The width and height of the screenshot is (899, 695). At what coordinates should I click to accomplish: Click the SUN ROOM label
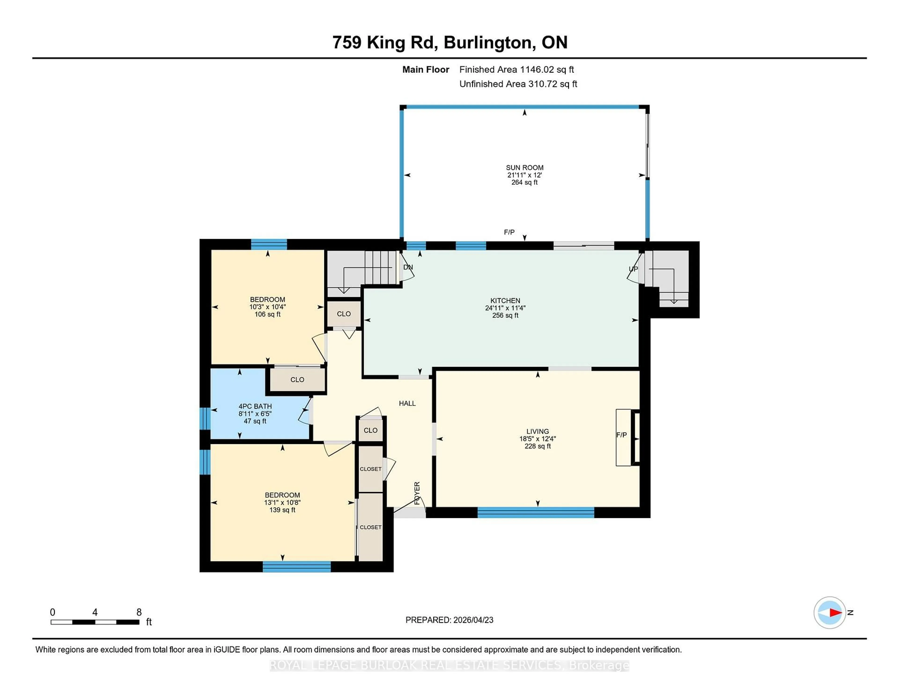click(x=524, y=168)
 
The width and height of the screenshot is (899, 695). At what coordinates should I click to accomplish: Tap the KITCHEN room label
click(x=505, y=301)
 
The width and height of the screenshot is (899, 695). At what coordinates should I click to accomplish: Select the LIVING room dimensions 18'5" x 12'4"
click(x=537, y=439)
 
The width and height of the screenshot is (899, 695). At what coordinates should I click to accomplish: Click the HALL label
click(x=407, y=403)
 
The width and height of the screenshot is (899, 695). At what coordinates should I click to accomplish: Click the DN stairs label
click(x=408, y=267)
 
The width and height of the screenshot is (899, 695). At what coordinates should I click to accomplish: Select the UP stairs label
click(x=633, y=269)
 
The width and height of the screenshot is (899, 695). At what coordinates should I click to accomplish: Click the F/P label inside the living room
click(x=621, y=435)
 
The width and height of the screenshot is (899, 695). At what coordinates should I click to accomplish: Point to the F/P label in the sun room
click(x=509, y=232)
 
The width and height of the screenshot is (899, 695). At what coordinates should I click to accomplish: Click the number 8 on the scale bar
click(x=139, y=612)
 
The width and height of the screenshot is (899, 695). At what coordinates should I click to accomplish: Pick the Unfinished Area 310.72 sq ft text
click(x=518, y=84)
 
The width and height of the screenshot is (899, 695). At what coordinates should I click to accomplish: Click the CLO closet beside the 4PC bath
click(x=297, y=380)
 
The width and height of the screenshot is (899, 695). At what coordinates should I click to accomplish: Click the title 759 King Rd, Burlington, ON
click(x=449, y=42)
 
